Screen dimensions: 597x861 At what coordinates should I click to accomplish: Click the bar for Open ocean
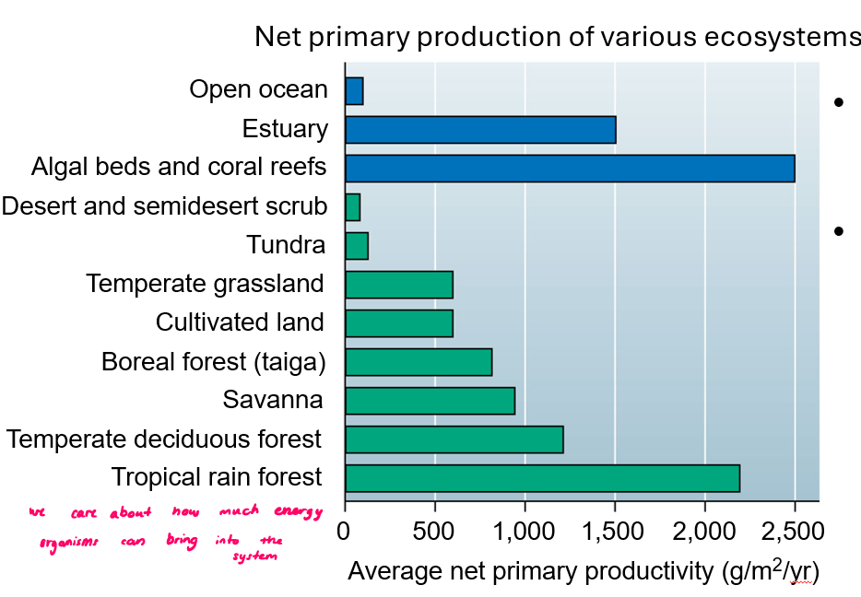pyautogui.click(x=354, y=91)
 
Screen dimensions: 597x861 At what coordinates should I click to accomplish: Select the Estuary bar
pyautogui.click(x=480, y=130)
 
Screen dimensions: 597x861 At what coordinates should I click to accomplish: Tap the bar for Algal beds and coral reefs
pyautogui.click(x=570, y=169)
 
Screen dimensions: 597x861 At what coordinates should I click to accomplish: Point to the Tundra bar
pyautogui.click(x=357, y=246)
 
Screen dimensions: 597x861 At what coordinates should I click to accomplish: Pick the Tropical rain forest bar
pyautogui.click(x=542, y=478)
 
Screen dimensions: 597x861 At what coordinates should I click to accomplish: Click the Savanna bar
pyautogui.click(x=430, y=401)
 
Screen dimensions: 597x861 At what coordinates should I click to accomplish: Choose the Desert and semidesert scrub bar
pyautogui.click(x=353, y=207)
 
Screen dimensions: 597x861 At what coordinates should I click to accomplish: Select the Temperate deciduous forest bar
pyautogui.click(x=454, y=439)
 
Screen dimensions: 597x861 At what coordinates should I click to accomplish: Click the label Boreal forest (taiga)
pyautogui.click(x=214, y=362)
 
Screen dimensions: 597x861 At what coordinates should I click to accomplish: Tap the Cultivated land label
pyautogui.click(x=240, y=322)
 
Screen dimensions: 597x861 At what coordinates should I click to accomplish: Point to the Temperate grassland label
pyautogui.click(x=205, y=284)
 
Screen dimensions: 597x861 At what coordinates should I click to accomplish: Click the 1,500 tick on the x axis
pyautogui.click(x=614, y=532)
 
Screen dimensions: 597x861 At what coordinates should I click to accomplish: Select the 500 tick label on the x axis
pyautogui.click(x=434, y=532)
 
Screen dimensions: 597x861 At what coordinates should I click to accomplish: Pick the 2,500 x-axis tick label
pyautogui.click(x=794, y=532)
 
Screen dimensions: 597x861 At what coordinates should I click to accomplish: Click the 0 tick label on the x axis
pyautogui.click(x=345, y=532)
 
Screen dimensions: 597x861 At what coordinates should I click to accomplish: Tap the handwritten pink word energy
pyautogui.click(x=300, y=511)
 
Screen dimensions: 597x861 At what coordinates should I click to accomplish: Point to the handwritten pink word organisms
pyautogui.click(x=69, y=543)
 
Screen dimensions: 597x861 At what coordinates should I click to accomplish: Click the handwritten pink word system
pyautogui.click(x=254, y=557)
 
